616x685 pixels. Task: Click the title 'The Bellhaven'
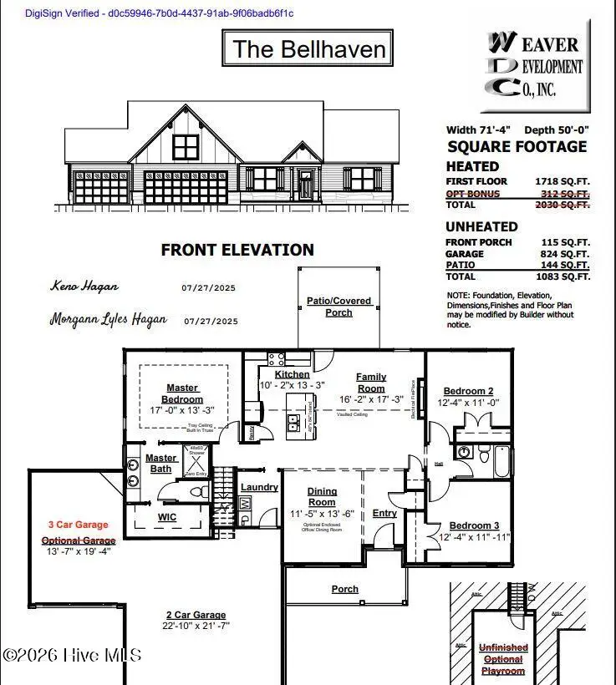click(308, 48)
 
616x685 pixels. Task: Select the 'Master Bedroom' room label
click(182, 393)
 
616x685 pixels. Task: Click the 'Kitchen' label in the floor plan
click(293, 374)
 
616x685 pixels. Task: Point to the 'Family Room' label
click(371, 383)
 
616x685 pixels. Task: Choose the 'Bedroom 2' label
click(468, 391)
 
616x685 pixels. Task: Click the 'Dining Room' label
click(322, 497)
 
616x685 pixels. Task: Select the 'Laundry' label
click(259, 487)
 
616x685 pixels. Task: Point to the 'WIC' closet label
click(167, 517)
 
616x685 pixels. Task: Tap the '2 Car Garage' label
click(196, 614)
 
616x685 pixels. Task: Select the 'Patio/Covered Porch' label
click(339, 307)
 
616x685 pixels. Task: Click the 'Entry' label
click(384, 513)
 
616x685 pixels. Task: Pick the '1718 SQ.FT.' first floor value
click(562, 181)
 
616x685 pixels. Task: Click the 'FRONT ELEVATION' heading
click(237, 250)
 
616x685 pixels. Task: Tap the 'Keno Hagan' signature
click(84, 287)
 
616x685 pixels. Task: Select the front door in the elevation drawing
click(306, 184)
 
